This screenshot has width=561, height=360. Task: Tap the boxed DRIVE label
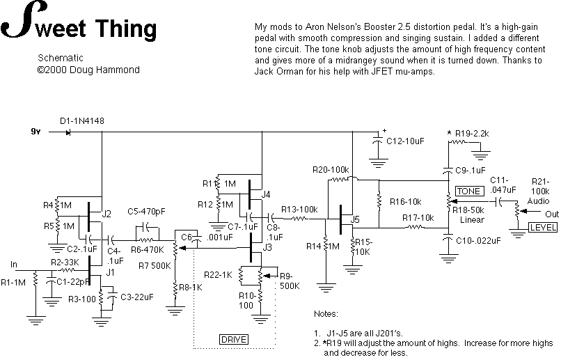pos(234,339)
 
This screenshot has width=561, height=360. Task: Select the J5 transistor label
pos(356,219)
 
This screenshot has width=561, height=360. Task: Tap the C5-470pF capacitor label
pos(146,211)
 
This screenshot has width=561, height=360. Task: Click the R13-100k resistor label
pos(299,209)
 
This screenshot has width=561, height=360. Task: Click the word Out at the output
pos(552,213)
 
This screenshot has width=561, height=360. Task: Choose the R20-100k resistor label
pos(331,169)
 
